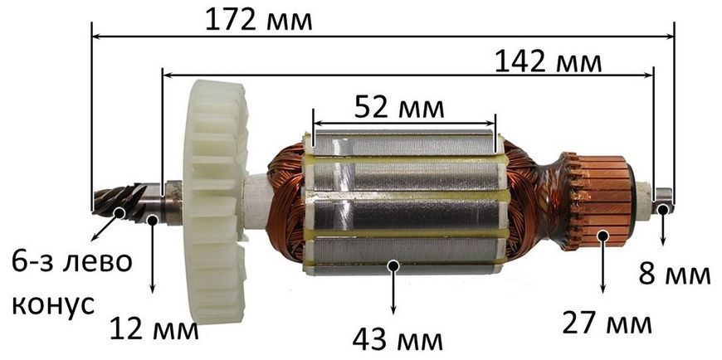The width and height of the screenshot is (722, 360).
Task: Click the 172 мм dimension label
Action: pyautogui.click(x=259, y=20)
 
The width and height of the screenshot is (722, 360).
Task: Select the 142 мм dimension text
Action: pyautogui.click(x=549, y=62)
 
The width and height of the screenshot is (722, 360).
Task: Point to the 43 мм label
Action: pyautogui.click(x=398, y=340)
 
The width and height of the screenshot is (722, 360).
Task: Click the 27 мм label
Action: pyautogui.click(x=607, y=324)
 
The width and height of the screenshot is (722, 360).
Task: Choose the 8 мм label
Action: pyautogui.click(x=674, y=275)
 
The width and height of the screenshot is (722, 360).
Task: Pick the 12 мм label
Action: pyautogui.click(x=154, y=329)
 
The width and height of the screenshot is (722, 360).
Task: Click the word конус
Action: pyautogui.click(x=53, y=304)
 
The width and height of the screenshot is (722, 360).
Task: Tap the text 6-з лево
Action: pyautogui.click(x=71, y=262)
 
